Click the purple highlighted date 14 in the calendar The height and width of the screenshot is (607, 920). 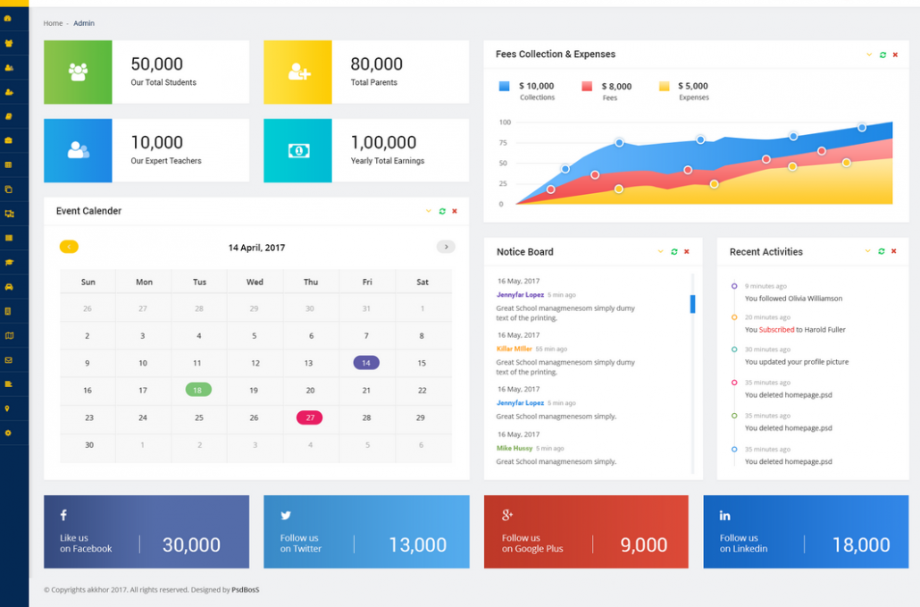(366, 363)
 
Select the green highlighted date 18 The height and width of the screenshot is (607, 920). (198, 390)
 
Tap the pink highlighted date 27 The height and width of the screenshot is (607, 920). (309, 417)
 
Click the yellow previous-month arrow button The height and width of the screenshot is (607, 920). (69, 247)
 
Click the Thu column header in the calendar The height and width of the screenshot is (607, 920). (311, 282)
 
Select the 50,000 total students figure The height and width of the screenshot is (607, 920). (156, 63)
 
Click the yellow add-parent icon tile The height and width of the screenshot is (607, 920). (298, 72)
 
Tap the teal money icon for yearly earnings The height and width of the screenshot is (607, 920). (298, 151)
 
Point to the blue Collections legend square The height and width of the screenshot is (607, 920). (504, 87)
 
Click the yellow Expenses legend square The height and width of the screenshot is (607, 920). (665, 87)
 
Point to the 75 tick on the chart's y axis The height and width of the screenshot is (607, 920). (503, 143)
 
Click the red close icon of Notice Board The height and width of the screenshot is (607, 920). (687, 252)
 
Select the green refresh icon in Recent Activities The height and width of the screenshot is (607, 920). (882, 251)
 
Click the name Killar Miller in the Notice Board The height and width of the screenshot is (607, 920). (514, 349)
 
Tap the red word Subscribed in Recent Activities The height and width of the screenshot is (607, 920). (776, 330)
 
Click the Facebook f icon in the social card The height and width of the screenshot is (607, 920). (63, 515)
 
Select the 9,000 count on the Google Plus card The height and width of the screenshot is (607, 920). (644, 544)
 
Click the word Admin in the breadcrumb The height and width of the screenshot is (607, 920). (84, 23)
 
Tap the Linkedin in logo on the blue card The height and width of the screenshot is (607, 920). (725, 516)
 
